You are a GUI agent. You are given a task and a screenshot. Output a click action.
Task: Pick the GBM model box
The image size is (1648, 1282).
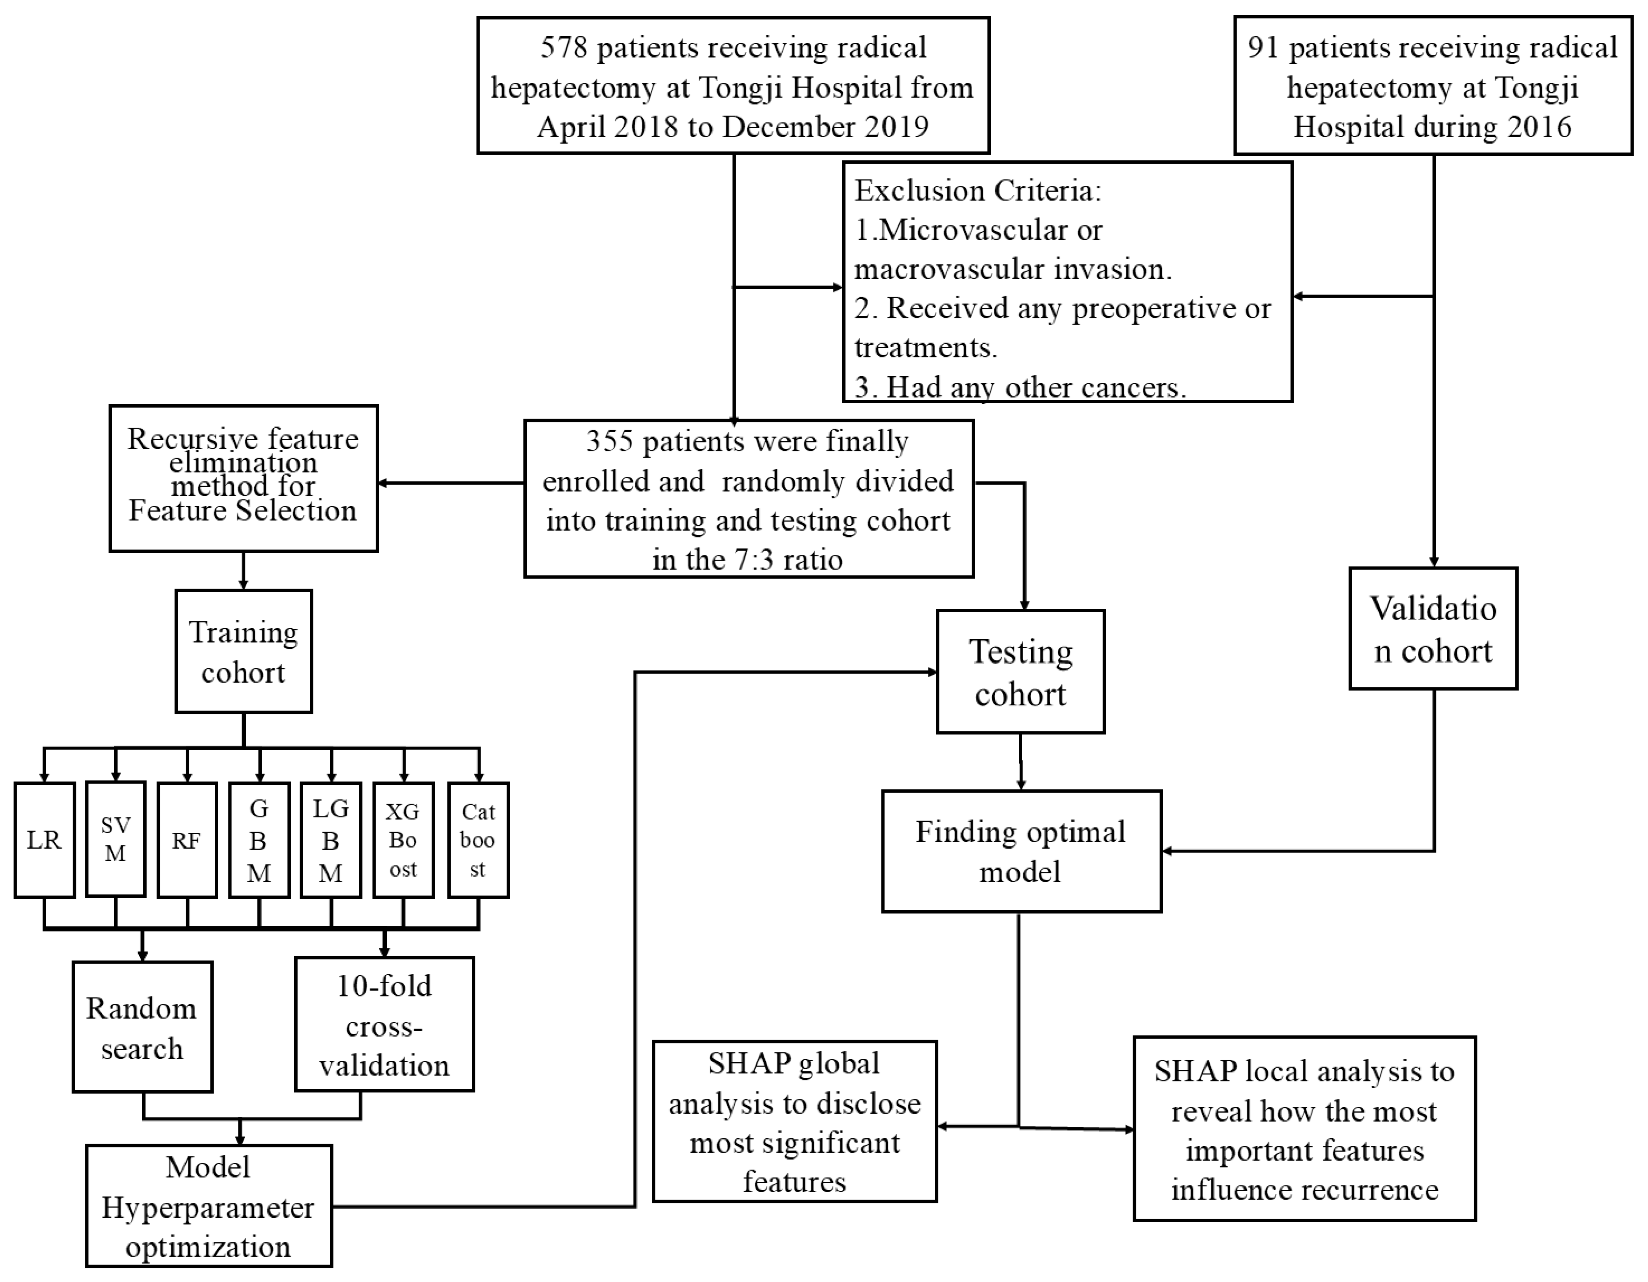pyautogui.click(x=259, y=840)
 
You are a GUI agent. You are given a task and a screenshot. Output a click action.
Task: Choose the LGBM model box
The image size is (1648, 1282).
pyautogui.click(x=331, y=840)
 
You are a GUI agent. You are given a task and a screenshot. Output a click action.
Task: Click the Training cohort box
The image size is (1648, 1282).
pyautogui.click(x=243, y=651)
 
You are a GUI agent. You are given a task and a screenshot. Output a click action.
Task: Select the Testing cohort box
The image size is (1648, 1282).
pyautogui.click(x=1020, y=672)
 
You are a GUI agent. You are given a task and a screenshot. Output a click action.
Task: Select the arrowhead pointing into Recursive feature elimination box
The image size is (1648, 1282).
pyautogui.click(x=383, y=483)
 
